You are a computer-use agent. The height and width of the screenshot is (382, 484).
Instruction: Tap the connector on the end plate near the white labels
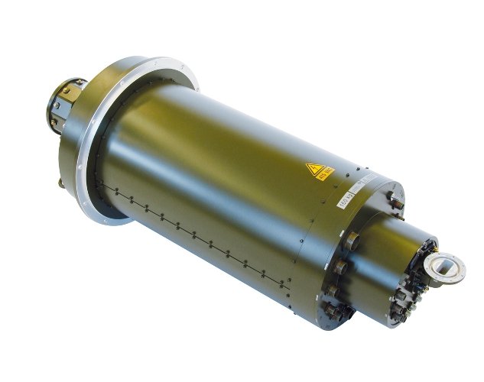391,199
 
